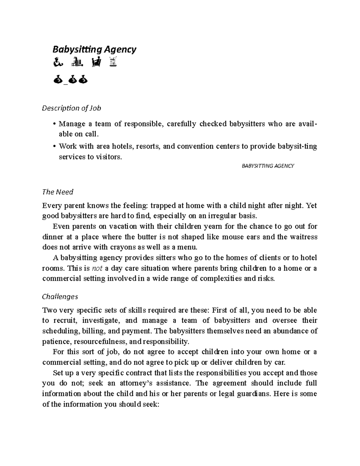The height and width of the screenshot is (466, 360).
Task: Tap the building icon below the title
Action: [x=77, y=63]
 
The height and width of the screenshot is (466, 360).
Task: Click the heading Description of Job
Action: [x=71, y=108]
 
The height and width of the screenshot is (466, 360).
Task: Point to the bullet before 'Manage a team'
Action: [x=54, y=124]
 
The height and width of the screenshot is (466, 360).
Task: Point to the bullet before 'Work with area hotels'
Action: [x=54, y=146]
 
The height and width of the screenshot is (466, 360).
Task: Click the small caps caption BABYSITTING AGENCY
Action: [x=268, y=166]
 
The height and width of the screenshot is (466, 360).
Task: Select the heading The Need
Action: [x=58, y=192]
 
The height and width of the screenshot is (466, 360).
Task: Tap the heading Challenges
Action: [x=60, y=296]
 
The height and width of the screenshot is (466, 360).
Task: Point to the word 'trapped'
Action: [x=163, y=206]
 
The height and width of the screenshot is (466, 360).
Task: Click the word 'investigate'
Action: [x=101, y=320]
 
